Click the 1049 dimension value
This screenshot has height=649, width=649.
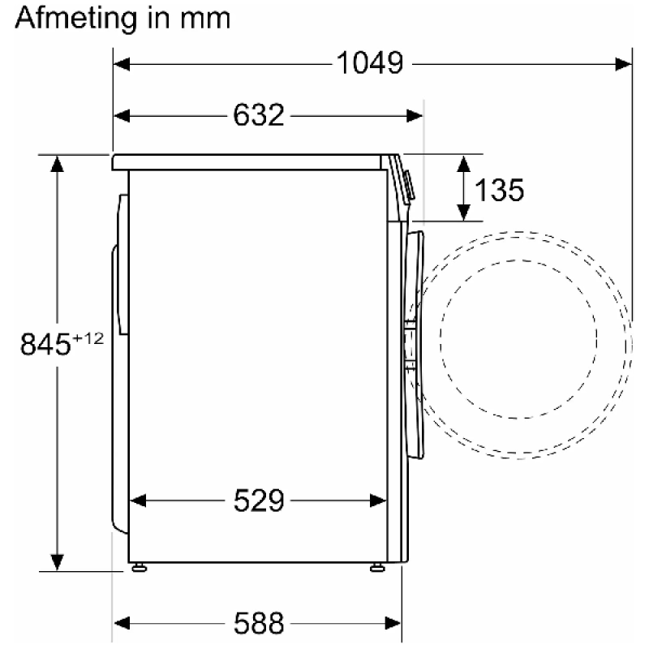click(x=370, y=63)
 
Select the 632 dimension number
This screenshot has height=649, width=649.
click(x=259, y=115)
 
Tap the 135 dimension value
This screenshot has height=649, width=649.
click(x=499, y=190)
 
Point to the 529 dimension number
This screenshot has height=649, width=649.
click(x=259, y=501)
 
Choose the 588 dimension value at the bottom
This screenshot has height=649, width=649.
click(x=259, y=623)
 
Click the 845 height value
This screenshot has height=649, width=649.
click(x=45, y=344)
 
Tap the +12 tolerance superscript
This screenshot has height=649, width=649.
click(x=88, y=338)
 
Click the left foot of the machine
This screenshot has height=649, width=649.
click(x=139, y=567)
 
